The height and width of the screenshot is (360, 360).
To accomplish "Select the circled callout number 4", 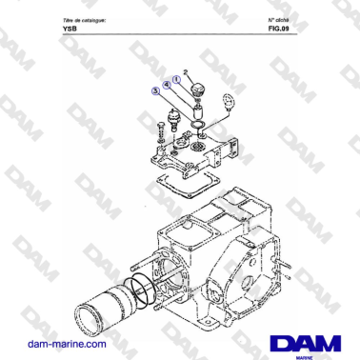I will (x=166, y=85).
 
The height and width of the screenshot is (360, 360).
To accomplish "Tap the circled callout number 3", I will (x=154, y=91).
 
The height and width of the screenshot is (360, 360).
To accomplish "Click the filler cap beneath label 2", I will (x=199, y=90).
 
